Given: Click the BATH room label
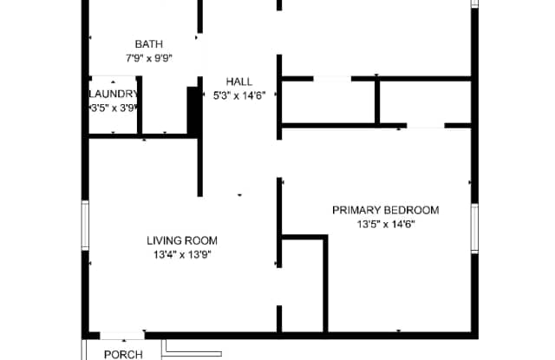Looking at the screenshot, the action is point(149,44).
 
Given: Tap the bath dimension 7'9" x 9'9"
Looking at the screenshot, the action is point(149,58).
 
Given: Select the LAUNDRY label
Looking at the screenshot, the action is point(114,94).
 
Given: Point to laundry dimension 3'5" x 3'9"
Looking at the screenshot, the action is point(114,108).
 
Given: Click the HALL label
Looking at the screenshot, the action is point(239,82).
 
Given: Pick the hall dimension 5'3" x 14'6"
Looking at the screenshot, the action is point(239,95).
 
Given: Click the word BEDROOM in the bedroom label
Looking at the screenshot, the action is point(412,210).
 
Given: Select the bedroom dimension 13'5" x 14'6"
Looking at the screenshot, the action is point(386,224).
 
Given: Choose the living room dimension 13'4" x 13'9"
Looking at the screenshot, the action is point(182,254).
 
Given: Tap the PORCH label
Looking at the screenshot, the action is point(123,354).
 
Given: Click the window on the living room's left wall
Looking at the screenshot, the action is point(85,226).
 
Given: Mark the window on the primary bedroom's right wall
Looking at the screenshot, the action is point(474,228).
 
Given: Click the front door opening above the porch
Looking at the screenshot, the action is point(122,335).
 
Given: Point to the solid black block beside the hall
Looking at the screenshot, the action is point(193,110).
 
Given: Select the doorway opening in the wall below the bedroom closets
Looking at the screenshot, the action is point(426,126).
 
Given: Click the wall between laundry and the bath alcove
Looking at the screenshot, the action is point(140,105).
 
